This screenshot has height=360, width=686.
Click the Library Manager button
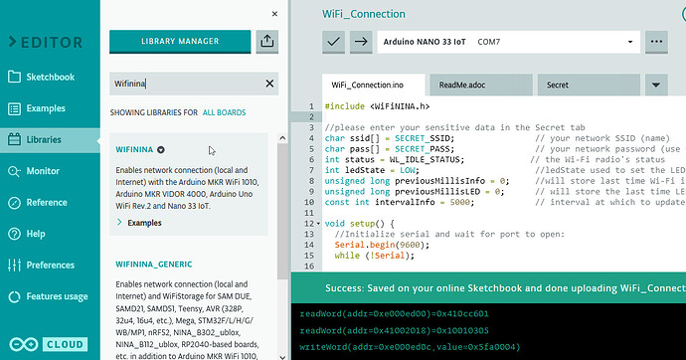click(178, 41)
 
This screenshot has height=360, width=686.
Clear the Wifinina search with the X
click(269, 85)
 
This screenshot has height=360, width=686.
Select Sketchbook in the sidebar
click(50, 78)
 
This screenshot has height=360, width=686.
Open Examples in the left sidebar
click(46, 108)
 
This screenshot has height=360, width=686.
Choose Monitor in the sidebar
click(43, 171)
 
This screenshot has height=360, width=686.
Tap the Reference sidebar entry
click(47, 202)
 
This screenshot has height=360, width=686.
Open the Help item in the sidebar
click(36, 234)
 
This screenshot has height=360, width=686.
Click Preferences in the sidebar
click(50, 266)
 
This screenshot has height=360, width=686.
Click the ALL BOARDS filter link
click(224, 113)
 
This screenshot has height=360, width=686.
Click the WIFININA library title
click(141, 149)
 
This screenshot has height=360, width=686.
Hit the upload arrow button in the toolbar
click(360, 42)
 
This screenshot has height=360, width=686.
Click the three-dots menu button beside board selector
click(655, 42)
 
